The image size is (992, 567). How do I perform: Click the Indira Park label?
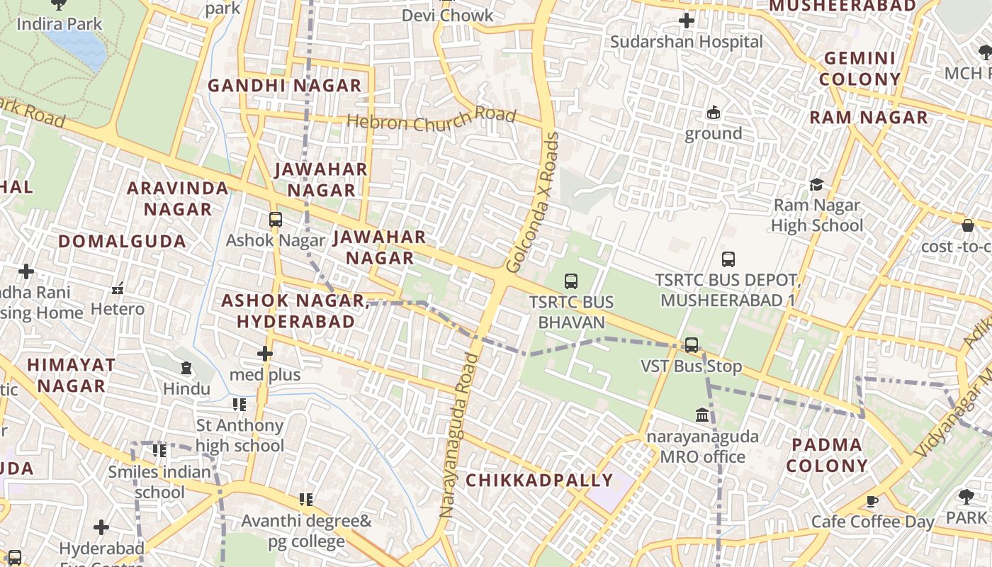click(x=60, y=24)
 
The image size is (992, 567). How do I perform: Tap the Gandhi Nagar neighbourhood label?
click(x=284, y=86)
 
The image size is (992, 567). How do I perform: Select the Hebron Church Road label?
click(x=431, y=119)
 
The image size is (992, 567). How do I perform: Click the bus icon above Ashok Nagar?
click(x=276, y=220)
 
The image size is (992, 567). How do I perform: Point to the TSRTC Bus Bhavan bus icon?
click(x=571, y=281)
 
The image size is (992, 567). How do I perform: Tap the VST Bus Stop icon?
click(x=692, y=345)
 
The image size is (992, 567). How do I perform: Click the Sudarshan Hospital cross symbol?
click(x=686, y=21)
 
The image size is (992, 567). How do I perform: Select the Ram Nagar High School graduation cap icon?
click(x=816, y=185)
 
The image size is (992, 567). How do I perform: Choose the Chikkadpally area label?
click(x=539, y=481)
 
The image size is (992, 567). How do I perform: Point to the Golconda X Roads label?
click(x=534, y=203)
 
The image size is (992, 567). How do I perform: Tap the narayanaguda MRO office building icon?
click(x=702, y=415)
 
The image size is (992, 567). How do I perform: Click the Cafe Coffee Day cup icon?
click(x=872, y=501)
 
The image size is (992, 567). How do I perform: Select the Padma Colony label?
click(x=827, y=455)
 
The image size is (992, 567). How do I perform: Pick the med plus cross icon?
click(x=265, y=353)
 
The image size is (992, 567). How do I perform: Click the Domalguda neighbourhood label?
click(x=123, y=241)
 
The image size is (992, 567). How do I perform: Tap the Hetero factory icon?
click(x=118, y=288)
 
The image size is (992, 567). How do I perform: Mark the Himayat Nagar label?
click(x=71, y=376)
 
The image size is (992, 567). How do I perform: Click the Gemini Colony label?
click(x=860, y=68)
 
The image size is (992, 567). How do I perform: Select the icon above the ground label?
click(x=713, y=113)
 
